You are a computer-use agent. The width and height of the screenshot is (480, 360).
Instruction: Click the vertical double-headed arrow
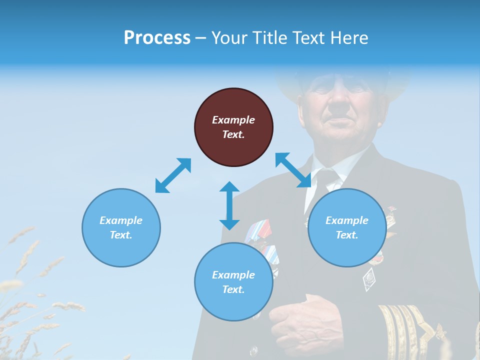click(x=229, y=205)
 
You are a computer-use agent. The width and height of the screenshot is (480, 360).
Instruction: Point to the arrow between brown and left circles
click(x=173, y=175)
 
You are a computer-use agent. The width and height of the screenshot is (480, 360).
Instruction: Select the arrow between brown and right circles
click(x=293, y=170)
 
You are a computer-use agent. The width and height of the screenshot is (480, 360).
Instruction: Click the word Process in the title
click(x=157, y=37)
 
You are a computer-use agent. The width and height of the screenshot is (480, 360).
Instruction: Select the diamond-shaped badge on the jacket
click(x=369, y=279)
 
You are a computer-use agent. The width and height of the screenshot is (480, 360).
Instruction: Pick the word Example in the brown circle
click(x=233, y=120)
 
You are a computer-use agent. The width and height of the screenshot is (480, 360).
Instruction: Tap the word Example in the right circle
click(x=347, y=220)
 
